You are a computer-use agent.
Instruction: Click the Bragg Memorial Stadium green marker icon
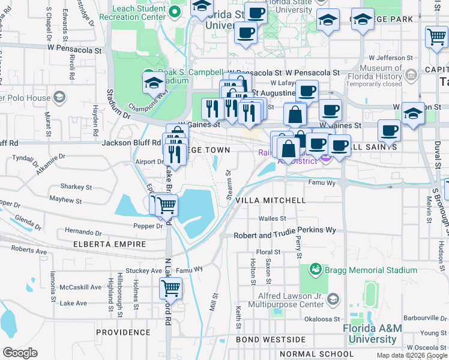click(x=316, y=269)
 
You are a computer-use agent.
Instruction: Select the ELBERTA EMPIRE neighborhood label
click(x=109, y=244)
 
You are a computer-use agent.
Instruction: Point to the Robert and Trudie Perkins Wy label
click(x=285, y=230)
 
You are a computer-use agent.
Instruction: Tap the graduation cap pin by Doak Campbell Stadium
click(x=154, y=82)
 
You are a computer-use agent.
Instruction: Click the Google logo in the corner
click(x=20, y=353)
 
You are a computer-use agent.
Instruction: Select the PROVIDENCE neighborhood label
click(x=123, y=332)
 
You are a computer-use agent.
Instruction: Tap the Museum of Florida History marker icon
click(x=411, y=76)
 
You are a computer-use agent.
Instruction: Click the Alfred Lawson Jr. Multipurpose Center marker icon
click(x=334, y=298)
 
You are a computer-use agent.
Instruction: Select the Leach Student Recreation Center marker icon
click(x=175, y=11)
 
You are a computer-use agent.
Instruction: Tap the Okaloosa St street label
click(x=324, y=319)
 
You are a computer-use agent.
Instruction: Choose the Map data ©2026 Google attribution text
click(x=411, y=355)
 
